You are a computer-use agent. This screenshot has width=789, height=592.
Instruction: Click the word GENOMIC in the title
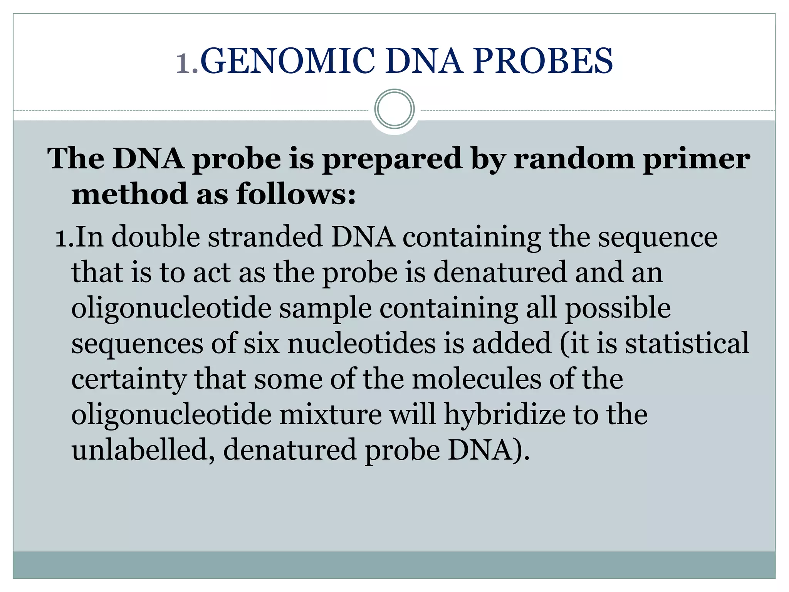click(287, 61)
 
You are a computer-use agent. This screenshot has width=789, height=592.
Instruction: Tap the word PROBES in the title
click(543, 61)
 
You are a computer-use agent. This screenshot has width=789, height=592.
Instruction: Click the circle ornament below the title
click(394, 109)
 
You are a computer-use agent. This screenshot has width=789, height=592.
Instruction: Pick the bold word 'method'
click(129, 194)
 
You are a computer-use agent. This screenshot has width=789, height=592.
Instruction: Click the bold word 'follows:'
click(296, 194)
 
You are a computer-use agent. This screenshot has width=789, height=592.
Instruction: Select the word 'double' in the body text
click(156, 237)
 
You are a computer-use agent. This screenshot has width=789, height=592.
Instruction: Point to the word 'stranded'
click(265, 237)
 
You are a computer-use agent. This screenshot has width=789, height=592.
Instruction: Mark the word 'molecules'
click(476, 379)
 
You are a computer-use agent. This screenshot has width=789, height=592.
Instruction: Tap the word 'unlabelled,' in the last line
click(143, 450)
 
